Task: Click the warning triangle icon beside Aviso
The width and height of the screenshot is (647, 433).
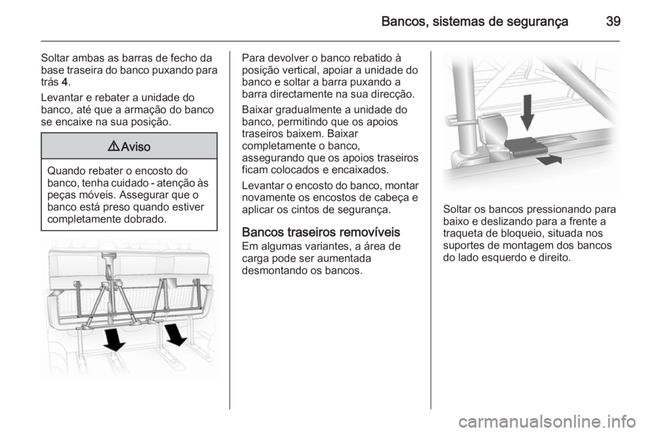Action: point(112,146)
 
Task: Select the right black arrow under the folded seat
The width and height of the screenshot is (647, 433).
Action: point(176,333)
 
